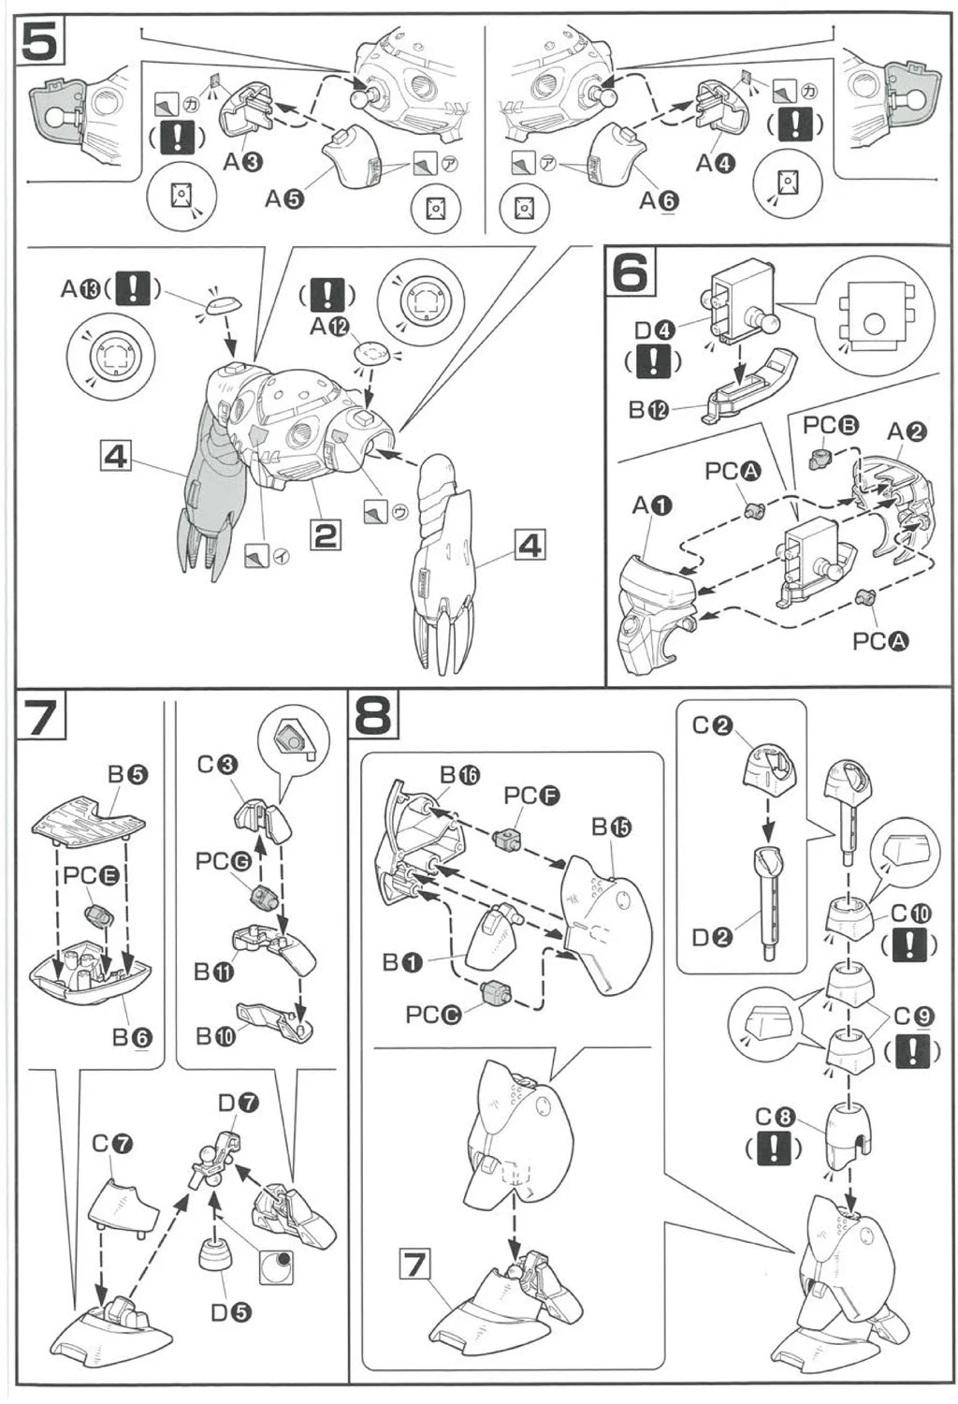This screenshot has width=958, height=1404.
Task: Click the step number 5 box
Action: click(39, 41)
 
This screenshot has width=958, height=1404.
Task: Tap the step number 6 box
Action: click(631, 272)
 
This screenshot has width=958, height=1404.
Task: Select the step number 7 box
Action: click(40, 718)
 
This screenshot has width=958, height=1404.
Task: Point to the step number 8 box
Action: click(373, 717)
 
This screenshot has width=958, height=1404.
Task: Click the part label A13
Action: click(80, 288)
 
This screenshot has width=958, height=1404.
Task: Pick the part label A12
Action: click(328, 327)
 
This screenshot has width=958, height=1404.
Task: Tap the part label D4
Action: click(654, 329)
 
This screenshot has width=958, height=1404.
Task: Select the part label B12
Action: click(648, 409)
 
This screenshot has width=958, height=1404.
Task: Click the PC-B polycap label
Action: click(830, 425)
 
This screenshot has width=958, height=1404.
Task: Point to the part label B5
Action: click(128, 774)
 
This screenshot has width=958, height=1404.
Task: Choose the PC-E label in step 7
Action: click(91, 875)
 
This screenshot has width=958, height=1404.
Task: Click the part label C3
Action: click(217, 765)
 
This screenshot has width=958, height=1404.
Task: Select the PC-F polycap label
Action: click(531, 796)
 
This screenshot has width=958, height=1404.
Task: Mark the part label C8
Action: click(775, 1117)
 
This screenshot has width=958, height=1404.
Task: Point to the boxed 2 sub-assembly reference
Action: click(325, 535)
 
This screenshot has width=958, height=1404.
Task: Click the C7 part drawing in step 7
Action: click(123, 1202)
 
